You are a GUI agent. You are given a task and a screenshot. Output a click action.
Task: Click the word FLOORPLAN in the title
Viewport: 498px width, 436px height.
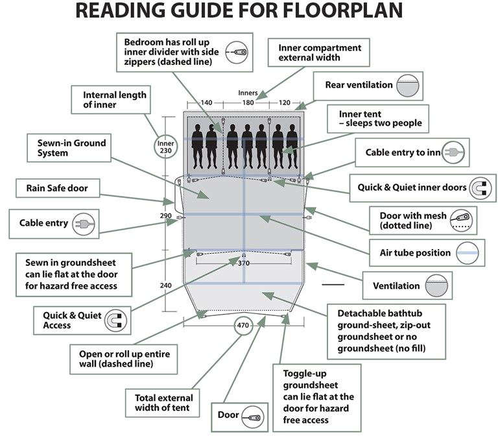(x=343, y=10)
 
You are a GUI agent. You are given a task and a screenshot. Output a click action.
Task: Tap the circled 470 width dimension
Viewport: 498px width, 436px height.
(x=243, y=325)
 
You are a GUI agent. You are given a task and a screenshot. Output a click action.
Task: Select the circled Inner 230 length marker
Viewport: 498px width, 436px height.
(x=166, y=147)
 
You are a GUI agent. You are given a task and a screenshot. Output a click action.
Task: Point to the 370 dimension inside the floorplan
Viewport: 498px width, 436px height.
(x=244, y=263)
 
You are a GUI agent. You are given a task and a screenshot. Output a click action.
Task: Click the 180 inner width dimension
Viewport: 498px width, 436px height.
(x=248, y=103)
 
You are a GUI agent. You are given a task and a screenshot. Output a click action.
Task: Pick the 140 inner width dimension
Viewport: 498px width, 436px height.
(x=206, y=103)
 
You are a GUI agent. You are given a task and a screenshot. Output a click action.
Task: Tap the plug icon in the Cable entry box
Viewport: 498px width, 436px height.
(x=84, y=224)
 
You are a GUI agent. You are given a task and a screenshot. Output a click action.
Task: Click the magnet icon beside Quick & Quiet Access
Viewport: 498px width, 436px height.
(x=115, y=321)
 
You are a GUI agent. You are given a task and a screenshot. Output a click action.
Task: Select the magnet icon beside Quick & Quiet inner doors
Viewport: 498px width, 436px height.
(x=480, y=188)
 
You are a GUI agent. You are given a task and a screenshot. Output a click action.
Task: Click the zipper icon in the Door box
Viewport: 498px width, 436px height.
(x=252, y=417)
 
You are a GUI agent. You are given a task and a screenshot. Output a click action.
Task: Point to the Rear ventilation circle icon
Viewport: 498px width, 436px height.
(x=408, y=86)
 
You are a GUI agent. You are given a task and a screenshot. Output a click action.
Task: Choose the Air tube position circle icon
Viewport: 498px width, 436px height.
(x=468, y=253)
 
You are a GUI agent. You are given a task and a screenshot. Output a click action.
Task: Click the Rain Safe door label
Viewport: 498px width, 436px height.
(x=57, y=188)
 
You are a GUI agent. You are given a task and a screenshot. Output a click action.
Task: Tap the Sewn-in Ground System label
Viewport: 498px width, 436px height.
(x=71, y=148)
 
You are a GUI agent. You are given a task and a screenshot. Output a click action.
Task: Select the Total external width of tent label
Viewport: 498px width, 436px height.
(x=164, y=403)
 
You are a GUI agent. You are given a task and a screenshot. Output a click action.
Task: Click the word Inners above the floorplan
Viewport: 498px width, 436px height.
(x=248, y=93)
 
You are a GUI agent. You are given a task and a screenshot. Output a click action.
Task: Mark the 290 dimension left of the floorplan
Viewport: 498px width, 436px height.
(x=166, y=216)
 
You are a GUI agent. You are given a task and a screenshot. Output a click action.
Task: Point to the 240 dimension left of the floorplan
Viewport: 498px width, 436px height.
(x=166, y=285)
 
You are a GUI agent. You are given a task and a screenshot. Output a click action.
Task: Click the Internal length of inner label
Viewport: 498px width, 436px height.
(x=115, y=100)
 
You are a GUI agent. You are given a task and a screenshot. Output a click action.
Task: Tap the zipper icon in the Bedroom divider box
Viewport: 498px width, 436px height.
(x=237, y=52)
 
